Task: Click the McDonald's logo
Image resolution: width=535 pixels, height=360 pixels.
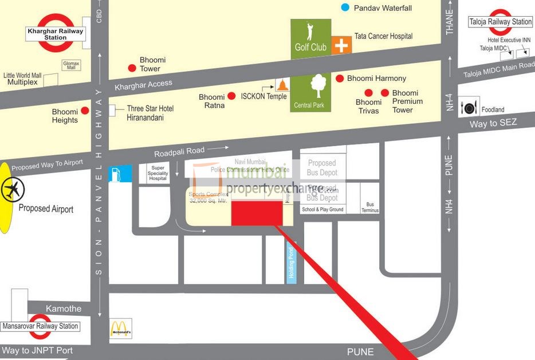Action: tap(121, 328)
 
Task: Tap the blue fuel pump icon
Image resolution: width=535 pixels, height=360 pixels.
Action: tap(120, 174)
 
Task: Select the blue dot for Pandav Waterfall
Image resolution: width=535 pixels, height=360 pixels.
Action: tap(345, 7)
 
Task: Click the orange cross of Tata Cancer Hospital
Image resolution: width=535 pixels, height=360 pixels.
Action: tap(341, 45)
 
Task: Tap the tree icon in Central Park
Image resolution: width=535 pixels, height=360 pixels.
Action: tap(317, 86)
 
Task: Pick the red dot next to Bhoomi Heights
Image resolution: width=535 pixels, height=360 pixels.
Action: tap(85, 111)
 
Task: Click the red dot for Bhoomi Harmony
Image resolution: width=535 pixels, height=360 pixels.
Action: tap(340, 78)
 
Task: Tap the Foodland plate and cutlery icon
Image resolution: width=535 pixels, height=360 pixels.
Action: tap(469, 107)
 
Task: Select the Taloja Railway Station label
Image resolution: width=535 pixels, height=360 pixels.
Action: tap(501, 22)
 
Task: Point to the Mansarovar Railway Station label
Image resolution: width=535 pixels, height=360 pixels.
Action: tap(40, 326)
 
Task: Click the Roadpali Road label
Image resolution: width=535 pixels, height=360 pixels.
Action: tap(179, 151)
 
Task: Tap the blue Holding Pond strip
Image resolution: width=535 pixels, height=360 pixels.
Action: tap(290, 262)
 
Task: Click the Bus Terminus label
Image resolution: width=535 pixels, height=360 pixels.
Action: tap(370, 207)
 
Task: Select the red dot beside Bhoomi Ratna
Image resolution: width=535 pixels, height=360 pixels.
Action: tap(232, 96)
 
